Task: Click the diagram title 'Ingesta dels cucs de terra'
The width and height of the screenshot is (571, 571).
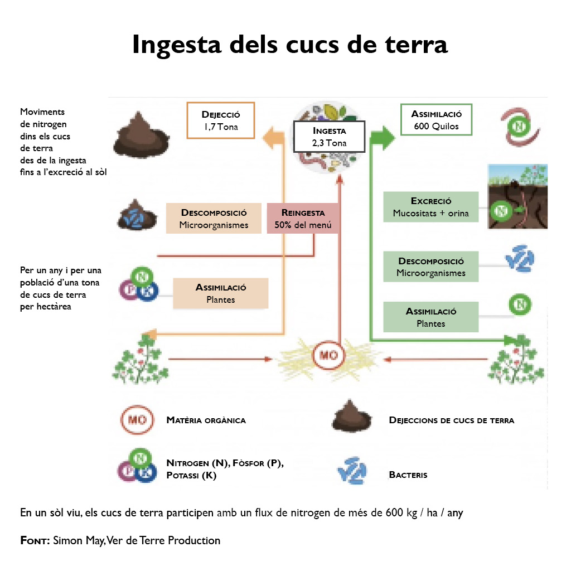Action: point(289,45)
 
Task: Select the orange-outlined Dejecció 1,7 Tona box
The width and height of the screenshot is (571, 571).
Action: point(221,120)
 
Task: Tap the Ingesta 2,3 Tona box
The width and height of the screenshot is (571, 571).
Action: point(329,137)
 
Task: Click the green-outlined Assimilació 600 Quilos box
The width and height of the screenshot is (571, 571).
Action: point(436,119)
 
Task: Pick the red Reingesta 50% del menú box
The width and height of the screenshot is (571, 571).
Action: point(303,218)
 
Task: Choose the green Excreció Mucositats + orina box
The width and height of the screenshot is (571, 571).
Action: point(430,207)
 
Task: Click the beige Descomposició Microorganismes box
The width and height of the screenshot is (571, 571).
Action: point(214,218)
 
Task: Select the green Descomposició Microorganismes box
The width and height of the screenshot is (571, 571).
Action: point(430,267)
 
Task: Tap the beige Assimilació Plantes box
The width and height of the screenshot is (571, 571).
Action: point(220,293)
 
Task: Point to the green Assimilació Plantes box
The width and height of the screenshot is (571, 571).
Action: point(430,317)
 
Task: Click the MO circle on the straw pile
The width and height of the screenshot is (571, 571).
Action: point(329,356)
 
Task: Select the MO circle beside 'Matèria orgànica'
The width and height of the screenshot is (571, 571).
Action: point(137,420)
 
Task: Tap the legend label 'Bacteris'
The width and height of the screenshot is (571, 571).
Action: point(408,475)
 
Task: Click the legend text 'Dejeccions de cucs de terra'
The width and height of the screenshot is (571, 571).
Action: point(451,420)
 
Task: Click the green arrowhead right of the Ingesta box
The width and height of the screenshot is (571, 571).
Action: point(383,137)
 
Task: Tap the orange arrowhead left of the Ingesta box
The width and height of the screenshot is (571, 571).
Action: point(274,137)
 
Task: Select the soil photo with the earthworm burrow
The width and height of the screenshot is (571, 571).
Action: point(517,196)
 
